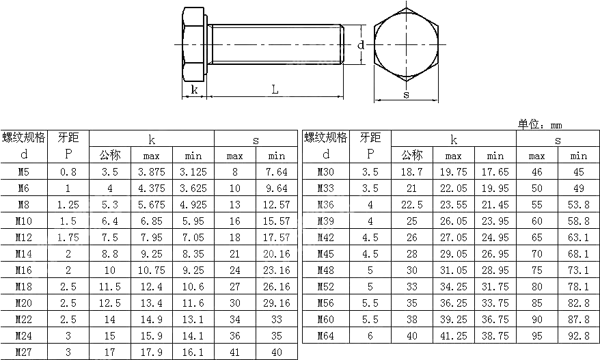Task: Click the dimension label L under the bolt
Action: (274, 89)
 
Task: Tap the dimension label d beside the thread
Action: (361, 45)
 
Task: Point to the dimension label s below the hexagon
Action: (406, 95)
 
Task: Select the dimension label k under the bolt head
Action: (194, 89)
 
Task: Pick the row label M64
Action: (326, 335)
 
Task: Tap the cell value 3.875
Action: (151, 171)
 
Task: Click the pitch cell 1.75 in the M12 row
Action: (67, 237)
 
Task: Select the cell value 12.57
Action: (276, 204)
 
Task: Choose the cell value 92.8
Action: (578, 335)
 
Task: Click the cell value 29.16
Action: (276, 303)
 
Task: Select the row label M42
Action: (326, 237)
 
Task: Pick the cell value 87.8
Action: (578, 319)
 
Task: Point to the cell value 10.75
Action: (151, 270)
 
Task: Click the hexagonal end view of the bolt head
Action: (407, 44)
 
